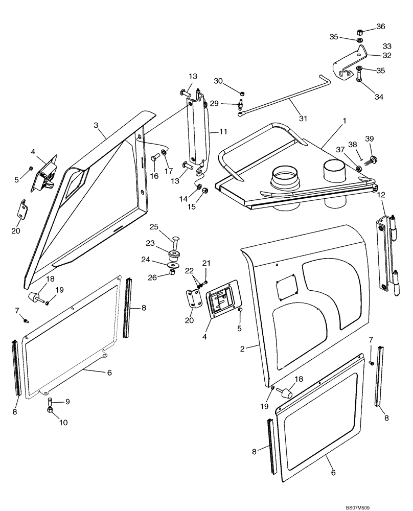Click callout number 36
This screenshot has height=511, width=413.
[x=381, y=27]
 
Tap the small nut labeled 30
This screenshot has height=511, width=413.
[x=242, y=93]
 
